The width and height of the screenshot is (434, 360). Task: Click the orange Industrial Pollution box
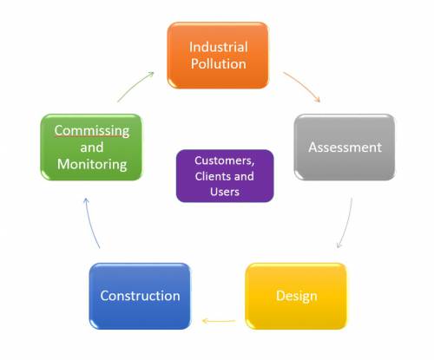pos(218,56)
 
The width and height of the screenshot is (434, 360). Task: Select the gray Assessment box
pos(345,147)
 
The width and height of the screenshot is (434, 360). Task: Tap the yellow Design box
pos(296,296)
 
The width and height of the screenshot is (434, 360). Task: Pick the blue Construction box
pos(140,296)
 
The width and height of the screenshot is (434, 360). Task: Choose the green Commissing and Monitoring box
pos(91,147)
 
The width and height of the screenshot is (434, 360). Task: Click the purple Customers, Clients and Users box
pos(225,176)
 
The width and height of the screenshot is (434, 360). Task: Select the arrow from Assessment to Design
pos(347,224)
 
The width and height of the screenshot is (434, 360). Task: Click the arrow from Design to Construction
pos(219,321)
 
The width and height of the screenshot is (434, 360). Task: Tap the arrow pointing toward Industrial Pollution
pos(135,86)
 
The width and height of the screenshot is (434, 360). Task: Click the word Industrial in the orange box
pos(219,47)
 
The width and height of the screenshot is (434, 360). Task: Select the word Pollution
pos(219,63)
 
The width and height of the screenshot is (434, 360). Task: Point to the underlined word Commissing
pos(92,131)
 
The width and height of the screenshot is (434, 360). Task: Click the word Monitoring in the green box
pos(92,165)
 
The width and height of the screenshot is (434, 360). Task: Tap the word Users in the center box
pos(225,192)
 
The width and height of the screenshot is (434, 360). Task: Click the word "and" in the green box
pos(92,147)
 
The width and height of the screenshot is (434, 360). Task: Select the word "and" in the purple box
pos(244,176)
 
